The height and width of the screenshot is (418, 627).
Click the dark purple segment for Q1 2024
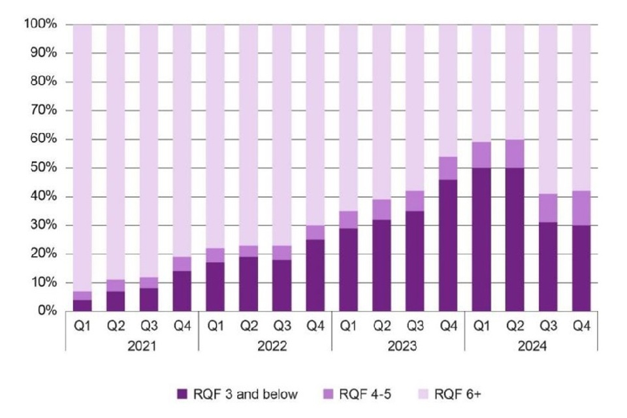[x=481, y=239]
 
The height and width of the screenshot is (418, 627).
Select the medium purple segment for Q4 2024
[x=581, y=208]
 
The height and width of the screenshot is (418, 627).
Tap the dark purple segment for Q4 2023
[x=448, y=245]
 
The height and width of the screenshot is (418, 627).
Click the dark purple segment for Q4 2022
[x=315, y=275]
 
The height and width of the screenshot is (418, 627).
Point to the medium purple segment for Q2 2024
[x=515, y=153]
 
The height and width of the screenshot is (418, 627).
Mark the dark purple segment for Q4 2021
[x=182, y=291]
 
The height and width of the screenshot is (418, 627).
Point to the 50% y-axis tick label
[x=44, y=168]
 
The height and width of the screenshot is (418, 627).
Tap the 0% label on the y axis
[x=46, y=312]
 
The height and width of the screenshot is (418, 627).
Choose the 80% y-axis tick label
[x=44, y=82]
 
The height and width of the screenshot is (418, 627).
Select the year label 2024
[x=531, y=346]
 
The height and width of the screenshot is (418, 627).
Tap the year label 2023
[x=398, y=346]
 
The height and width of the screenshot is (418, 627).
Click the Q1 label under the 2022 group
[x=216, y=325]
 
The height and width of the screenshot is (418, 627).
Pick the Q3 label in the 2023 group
[x=415, y=325]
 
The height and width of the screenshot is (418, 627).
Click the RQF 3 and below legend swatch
[x=182, y=394]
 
